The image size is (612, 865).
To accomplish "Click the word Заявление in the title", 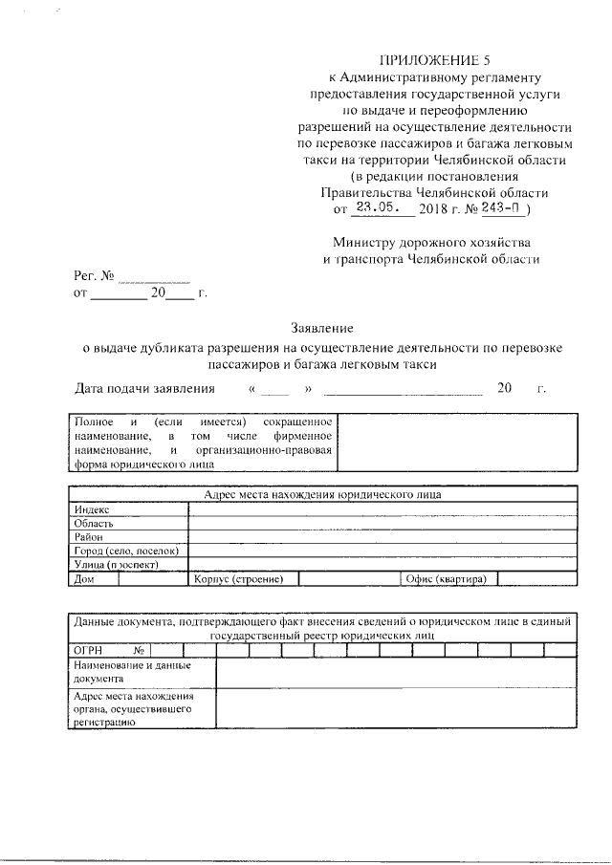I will pos(323,328).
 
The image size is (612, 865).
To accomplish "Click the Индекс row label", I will pos(93,510).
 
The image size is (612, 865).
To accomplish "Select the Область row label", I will pos(95,524).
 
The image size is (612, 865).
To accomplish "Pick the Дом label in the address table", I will pos(83,579).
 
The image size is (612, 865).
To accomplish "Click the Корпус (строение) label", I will pos(237,579).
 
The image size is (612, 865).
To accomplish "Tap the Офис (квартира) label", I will pos(446,579).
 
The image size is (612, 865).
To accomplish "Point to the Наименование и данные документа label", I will pos(132,672).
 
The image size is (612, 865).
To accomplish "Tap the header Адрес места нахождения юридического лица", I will pos(323,495).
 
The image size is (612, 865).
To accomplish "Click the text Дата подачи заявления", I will pos(144,388).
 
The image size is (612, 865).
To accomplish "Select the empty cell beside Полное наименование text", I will pos(457,442).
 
